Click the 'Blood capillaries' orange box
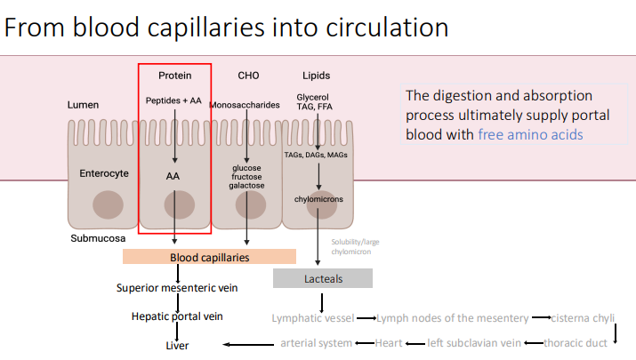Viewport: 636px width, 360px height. (x=209, y=257)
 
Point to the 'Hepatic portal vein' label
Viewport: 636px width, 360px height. (x=177, y=316)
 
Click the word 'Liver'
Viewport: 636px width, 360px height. (x=178, y=345)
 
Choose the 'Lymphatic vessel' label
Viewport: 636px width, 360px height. (x=313, y=317)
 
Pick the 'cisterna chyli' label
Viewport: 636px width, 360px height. (x=582, y=317)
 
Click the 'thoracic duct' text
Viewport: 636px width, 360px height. (x=576, y=343)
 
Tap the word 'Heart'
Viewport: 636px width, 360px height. (x=389, y=343)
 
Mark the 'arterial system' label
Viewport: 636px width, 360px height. (x=317, y=343)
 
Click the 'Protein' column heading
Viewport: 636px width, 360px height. (x=174, y=76)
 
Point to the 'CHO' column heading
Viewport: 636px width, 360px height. (x=248, y=76)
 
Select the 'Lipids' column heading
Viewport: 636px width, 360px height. (x=316, y=76)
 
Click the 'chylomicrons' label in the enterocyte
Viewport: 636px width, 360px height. (x=319, y=199)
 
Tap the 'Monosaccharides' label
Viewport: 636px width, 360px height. (x=245, y=105)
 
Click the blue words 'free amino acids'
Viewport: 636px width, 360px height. (x=530, y=134)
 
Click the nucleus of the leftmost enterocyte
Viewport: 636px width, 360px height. (x=108, y=204)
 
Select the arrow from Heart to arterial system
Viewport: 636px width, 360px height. (x=364, y=343)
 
